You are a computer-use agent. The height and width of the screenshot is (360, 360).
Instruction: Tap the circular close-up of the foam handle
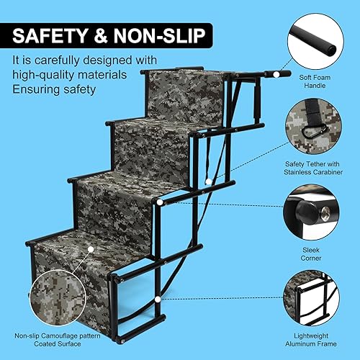317,37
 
